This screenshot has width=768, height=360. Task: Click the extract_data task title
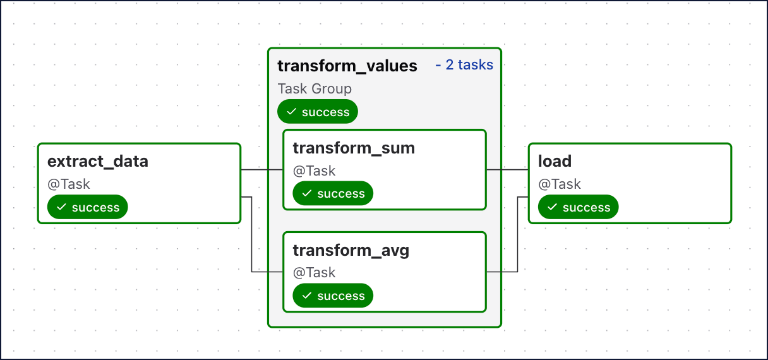[x=98, y=161]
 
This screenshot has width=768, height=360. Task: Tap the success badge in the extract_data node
[x=87, y=207]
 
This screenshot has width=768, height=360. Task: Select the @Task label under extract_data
[x=69, y=184]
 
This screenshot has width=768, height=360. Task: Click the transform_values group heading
[x=347, y=66]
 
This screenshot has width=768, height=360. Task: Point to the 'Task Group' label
[x=315, y=89]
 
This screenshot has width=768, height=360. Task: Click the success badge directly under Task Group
[x=318, y=111]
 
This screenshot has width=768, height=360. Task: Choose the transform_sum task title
[x=354, y=148]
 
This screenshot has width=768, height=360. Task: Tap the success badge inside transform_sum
[x=333, y=193]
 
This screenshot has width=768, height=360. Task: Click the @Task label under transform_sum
[x=314, y=171]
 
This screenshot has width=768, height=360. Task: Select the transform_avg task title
[x=351, y=251]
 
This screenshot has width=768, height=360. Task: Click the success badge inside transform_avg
[x=333, y=295]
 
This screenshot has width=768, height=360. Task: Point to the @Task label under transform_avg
[x=314, y=273]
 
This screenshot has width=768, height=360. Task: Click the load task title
[x=555, y=161]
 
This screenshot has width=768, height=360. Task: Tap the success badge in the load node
[x=579, y=207]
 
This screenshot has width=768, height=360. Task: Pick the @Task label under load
[x=560, y=184]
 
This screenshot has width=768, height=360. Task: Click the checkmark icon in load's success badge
[x=552, y=207]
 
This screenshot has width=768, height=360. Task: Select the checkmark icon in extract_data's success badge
[x=61, y=207]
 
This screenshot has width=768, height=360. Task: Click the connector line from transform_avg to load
[x=517, y=234]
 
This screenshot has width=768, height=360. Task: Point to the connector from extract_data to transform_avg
[x=251, y=234]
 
